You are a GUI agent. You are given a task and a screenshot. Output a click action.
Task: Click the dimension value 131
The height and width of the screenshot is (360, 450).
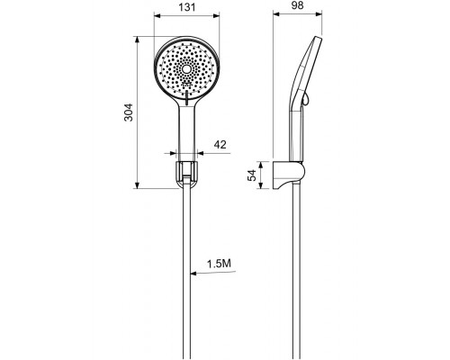click(187, 7)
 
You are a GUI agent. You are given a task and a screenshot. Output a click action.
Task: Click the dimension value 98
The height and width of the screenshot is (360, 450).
click(298, 5)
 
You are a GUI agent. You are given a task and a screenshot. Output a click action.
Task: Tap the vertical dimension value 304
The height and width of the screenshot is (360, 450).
click(129, 112)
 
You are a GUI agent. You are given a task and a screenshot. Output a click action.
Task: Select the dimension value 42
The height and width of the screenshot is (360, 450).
click(220, 145)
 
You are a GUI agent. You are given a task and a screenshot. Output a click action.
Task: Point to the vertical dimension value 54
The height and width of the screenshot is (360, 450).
click(252, 175)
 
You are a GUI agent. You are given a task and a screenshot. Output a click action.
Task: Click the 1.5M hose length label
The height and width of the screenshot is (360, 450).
click(219, 264)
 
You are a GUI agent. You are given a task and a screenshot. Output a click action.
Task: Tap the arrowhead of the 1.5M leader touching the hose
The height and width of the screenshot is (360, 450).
click(193, 274)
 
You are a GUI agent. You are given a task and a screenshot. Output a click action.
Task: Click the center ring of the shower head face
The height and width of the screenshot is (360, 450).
click(186, 69)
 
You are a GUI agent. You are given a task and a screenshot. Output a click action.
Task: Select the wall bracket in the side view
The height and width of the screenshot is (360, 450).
click(289, 175)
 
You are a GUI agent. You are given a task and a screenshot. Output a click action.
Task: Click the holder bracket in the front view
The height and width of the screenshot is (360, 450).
click(186, 175)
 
